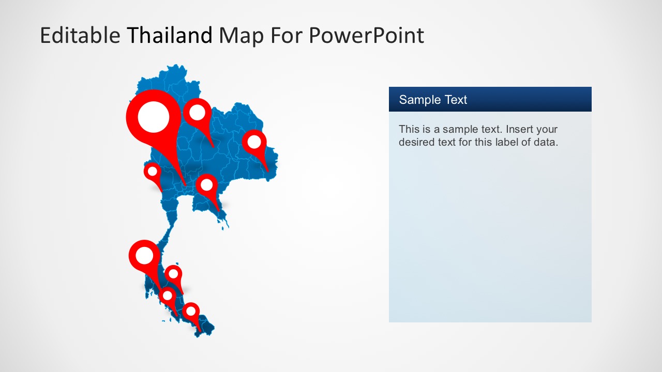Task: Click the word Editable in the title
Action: (x=80, y=36)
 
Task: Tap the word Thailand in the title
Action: (x=170, y=36)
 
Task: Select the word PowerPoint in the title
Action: (x=366, y=36)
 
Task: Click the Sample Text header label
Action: (x=433, y=100)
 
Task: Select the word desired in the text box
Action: (x=416, y=142)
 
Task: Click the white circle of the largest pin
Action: (x=154, y=117)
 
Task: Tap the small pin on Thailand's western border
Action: (x=153, y=172)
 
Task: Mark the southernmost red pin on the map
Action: (x=191, y=311)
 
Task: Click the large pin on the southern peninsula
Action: (x=144, y=255)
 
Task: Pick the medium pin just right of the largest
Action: (x=198, y=113)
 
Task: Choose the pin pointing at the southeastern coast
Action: (x=206, y=184)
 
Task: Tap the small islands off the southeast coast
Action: (x=224, y=224)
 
